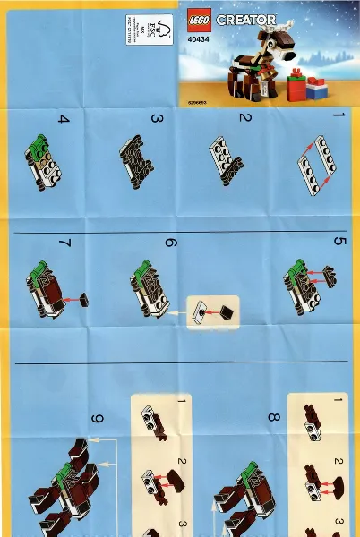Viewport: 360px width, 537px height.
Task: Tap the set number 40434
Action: point(201,38)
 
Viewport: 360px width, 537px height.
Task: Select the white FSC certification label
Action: point(142,33)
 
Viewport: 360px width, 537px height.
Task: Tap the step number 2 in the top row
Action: point(244,118)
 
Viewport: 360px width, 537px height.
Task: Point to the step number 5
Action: point(339,243)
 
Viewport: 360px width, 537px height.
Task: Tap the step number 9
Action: point(97,419)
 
